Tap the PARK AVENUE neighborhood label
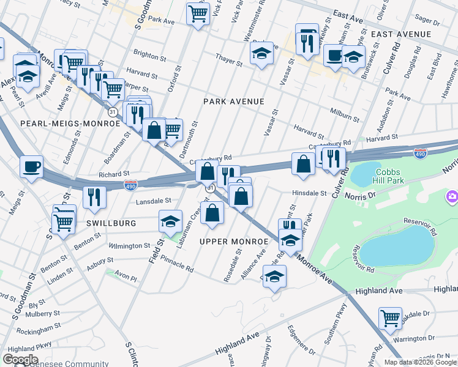point(234,102)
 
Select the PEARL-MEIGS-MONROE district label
point(70,124)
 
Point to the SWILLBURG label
point(111,223)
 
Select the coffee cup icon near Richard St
point(31,166)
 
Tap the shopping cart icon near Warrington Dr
point(390,317)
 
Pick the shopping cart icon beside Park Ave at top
point(198,13)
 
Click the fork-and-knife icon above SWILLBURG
point(94,196)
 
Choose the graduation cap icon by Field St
point(171,221)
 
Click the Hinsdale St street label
point(309,193)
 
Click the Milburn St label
point(344,114)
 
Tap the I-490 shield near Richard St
point(130,183)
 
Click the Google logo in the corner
point(21,360)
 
